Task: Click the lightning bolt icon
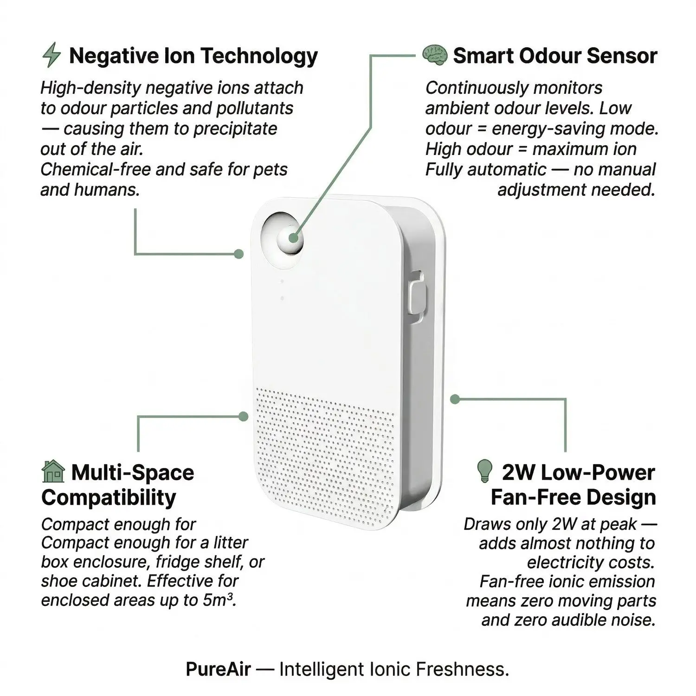52,55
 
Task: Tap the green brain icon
434,55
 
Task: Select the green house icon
53,471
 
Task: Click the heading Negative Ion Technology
193,56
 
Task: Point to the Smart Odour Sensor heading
555,56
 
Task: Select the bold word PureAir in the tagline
218,669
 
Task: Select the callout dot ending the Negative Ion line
238,254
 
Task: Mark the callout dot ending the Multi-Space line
243,416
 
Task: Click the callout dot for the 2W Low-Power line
455,399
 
